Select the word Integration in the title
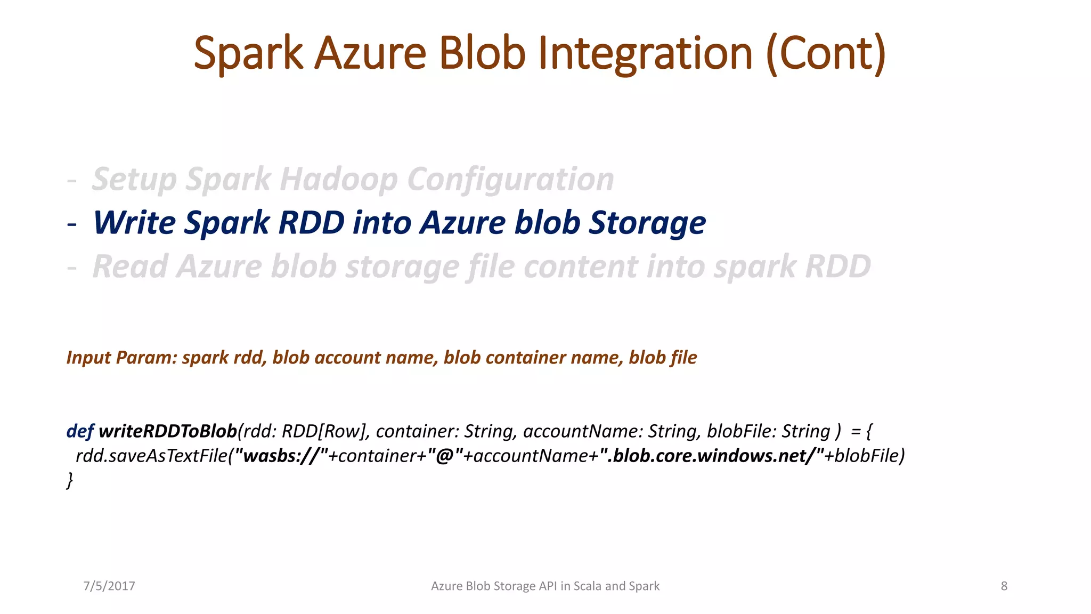click(x=645, y=53)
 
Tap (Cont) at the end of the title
click(x=826, y=53)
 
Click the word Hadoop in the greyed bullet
click(x=338, y=179)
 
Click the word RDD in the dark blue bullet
click(x=312, y=223)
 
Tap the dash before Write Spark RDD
click(x=72, y=224)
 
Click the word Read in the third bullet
click(x=130, y=266)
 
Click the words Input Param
click(x=121, y=358)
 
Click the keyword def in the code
click(x=80, y=431)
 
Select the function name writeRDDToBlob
click(x=168, y=431)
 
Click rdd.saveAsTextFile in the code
click(x=152, y=456)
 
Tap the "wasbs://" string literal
click(x=281, y=456)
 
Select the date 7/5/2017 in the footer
click(x=109, y=586)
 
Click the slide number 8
click(x=1004, y=586)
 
